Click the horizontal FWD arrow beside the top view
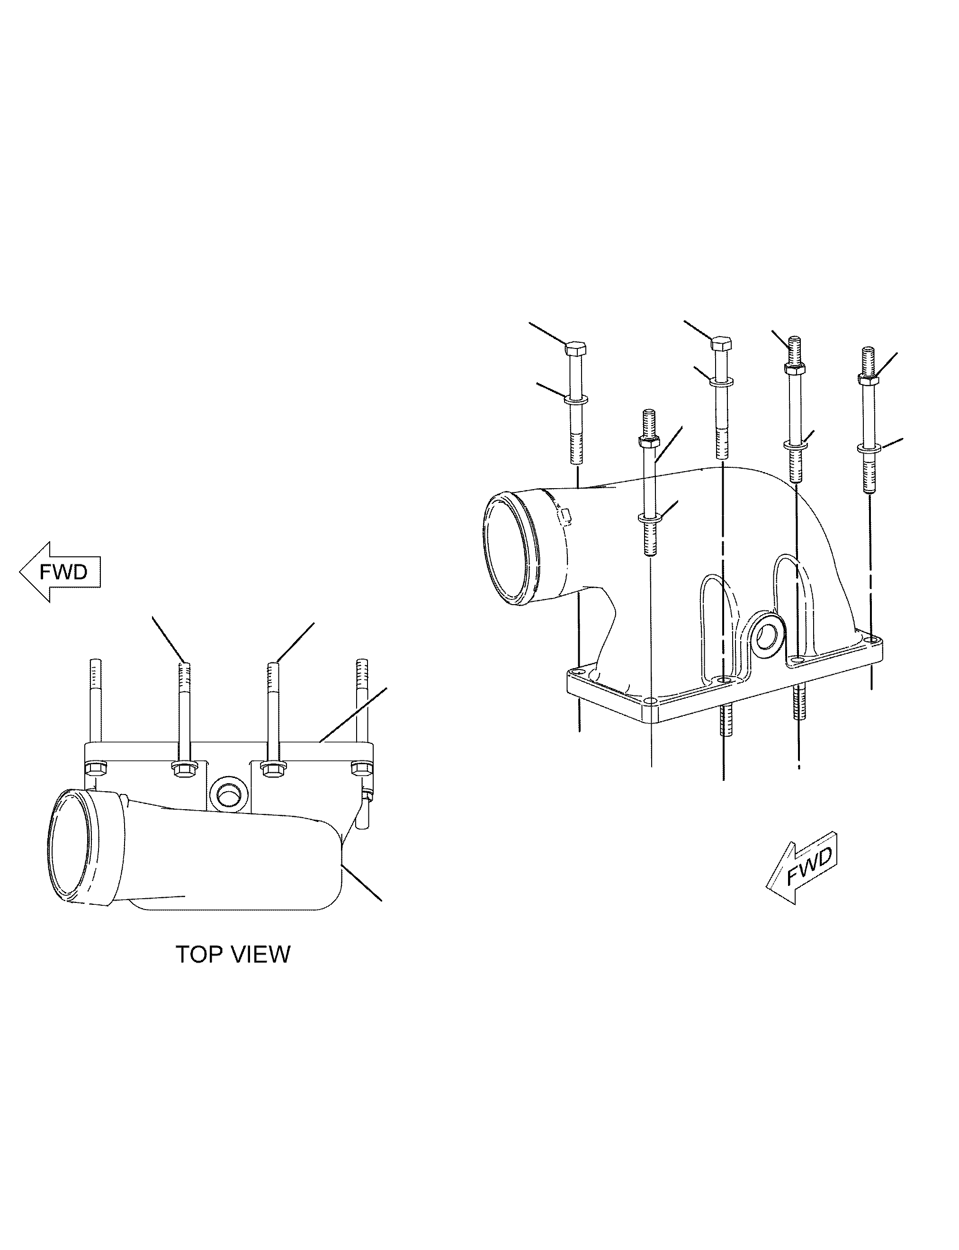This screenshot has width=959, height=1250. tap(60, 571)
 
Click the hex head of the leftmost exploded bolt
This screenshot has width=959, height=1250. tap(576, 347)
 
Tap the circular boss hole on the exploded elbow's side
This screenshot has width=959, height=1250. tap(764, 634)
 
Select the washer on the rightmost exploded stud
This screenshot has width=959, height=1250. tap(869, 448)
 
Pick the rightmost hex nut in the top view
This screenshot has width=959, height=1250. tap(361, 768)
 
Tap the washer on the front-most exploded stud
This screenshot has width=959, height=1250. tap(650, 518)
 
